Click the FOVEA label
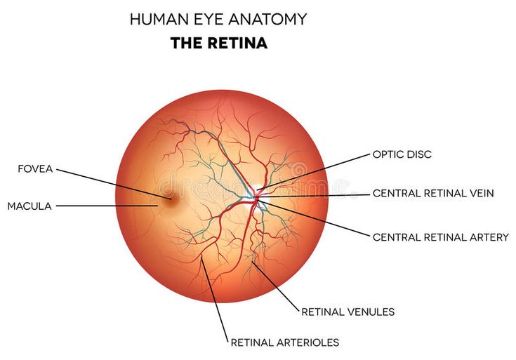(36, 168)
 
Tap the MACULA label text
(30, 206)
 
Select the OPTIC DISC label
(402, 154)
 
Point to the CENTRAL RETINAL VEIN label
(433, 193)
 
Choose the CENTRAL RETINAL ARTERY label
(440, 237)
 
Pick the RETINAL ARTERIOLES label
(284, 342)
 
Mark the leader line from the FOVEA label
(105, 182)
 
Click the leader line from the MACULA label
(105, 206)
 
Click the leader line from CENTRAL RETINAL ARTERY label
(316, 218)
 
